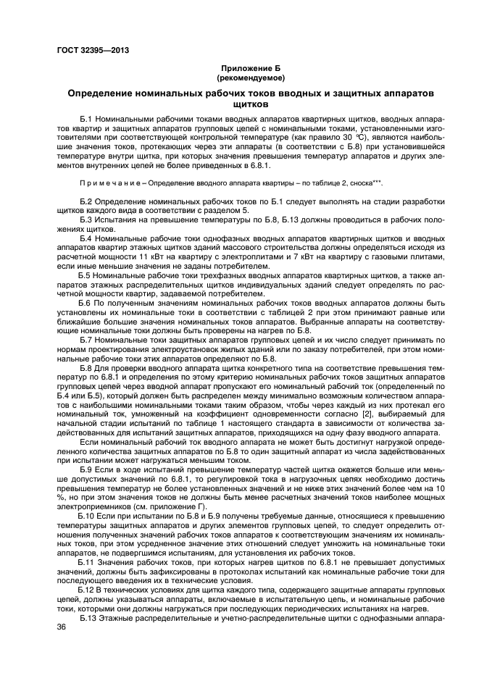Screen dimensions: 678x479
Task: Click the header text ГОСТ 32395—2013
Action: click(92, 51)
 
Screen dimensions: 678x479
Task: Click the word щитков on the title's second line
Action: click(250, 104)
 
